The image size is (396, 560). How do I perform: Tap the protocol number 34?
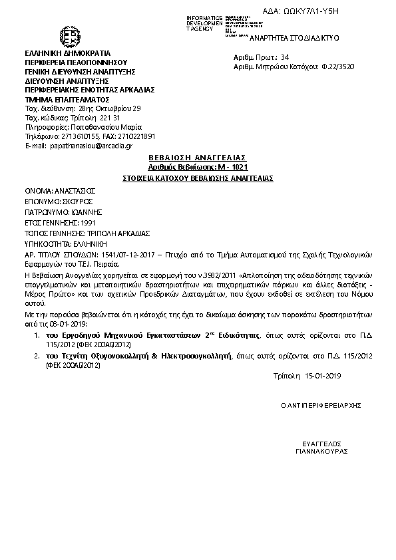pos(286,58)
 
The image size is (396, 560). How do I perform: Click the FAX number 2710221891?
pos(138,135)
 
